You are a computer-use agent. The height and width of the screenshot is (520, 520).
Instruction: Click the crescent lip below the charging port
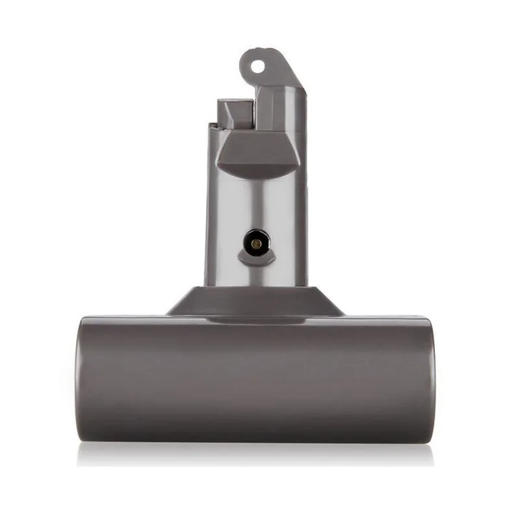255,260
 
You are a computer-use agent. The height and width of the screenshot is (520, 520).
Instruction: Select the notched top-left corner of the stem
211,126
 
